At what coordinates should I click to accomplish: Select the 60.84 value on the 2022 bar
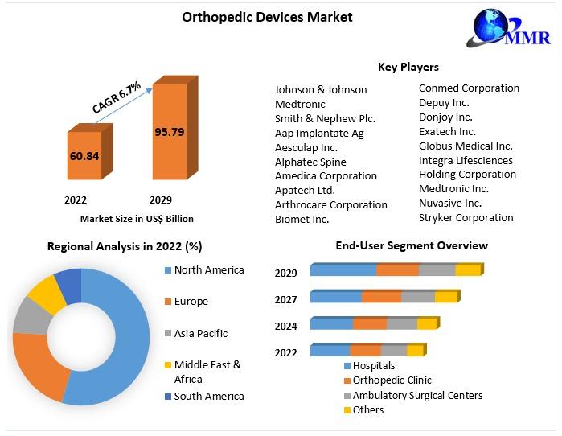click(84, 155)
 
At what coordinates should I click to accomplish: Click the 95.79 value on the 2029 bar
click(169, 131)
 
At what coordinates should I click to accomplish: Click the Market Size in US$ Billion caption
click(137, 218)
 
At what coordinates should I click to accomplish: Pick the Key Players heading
click(408, 67)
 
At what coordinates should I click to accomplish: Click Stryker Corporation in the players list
click(466, 217)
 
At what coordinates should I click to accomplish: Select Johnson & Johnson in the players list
click(321, 89)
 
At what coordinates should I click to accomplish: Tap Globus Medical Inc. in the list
click(466, 146)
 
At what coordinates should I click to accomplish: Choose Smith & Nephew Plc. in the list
click(325, 118)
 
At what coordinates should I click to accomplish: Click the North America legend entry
click(208, 270)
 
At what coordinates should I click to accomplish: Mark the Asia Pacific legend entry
click(200, 333)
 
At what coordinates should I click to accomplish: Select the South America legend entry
click(208, 396)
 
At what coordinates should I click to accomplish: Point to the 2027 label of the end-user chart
click(285, 300)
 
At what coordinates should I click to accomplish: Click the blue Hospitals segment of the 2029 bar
click(343, 270)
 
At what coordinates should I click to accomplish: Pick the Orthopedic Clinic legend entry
click(392, 380)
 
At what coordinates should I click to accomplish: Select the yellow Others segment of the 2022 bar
click(415, 351)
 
